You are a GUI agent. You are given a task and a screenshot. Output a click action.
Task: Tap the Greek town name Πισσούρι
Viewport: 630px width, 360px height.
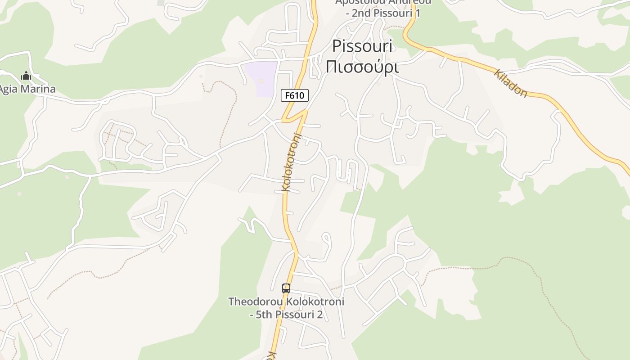tap(362, 67)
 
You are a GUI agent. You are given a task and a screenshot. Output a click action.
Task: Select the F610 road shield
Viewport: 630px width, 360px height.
tap(295, 95)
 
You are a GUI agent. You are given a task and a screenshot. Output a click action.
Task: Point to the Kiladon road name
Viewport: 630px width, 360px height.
tap(511, 83)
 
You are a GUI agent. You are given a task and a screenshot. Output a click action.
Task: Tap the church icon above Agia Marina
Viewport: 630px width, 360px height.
tap(26, 76)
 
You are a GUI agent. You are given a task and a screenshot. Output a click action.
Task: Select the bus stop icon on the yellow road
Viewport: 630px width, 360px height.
tap(286, 288)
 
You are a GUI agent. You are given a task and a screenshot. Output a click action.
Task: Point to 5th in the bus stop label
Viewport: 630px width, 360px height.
tap(265, 315)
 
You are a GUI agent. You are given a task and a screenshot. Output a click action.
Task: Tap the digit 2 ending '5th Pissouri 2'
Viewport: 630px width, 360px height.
tap(319, 315)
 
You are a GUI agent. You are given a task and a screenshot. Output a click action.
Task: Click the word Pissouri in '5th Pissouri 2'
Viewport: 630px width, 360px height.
tap(295, 315)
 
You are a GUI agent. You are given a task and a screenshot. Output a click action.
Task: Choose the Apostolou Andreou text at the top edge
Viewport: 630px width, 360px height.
tap(383, 2)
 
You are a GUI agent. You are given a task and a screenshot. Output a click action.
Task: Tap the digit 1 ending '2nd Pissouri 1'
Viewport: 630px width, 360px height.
tap(418, 13)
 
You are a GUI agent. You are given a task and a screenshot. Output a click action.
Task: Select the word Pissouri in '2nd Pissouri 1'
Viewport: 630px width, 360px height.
tap(393, 13)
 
